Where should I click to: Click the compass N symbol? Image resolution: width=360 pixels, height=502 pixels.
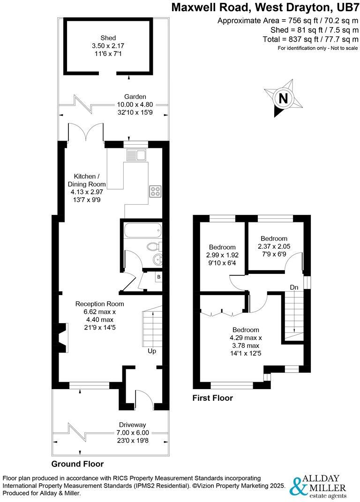click(283, 99)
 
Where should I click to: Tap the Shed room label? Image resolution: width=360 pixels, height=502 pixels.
click(108, 38)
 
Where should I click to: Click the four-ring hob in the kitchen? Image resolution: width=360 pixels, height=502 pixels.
click(155, 191)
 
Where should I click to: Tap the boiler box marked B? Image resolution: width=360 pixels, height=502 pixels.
click(158, 277)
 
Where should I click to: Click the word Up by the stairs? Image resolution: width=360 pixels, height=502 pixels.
click(152, 351)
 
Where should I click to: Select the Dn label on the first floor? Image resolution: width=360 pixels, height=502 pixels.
click(294, 287)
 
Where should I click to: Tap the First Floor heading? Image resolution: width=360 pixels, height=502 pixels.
click(213, 399)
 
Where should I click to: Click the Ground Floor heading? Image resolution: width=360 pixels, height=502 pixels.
click(77, 464)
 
